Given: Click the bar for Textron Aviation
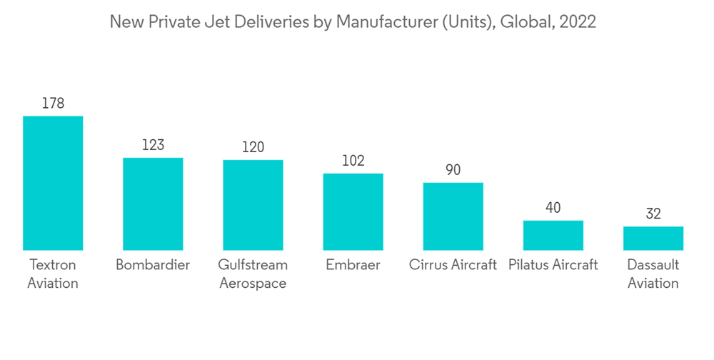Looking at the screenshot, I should (x=53, y=183).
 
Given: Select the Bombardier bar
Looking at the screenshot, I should (x=153, y=204).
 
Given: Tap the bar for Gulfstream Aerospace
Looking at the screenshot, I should (x=253, y=205).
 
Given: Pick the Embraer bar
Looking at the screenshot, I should (x=353, y=211).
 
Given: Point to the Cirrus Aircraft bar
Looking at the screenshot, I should (x=453, y=216).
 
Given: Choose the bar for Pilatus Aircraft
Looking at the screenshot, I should (x=553, y=235).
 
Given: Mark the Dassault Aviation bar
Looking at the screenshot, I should (x=653, y=238).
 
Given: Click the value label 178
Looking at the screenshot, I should (x=53, y=104).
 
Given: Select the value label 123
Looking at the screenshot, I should (x=153, y=145).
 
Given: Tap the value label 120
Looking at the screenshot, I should (x=253, y=147).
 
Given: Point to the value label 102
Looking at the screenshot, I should (x=353, y=161).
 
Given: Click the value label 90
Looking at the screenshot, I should (x=453, y=170).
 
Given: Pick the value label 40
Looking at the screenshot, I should (x=553, y=208).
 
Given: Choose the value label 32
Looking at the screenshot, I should (x=653, y=214).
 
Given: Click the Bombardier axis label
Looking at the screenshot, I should (x=153, y=265).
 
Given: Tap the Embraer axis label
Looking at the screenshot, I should (x=353, y=265).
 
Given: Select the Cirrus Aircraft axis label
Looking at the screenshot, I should (x=453, y=265).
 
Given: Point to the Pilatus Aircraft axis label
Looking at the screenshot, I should (x=553, y=265).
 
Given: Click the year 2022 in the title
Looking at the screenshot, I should (x=578, y=22).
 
